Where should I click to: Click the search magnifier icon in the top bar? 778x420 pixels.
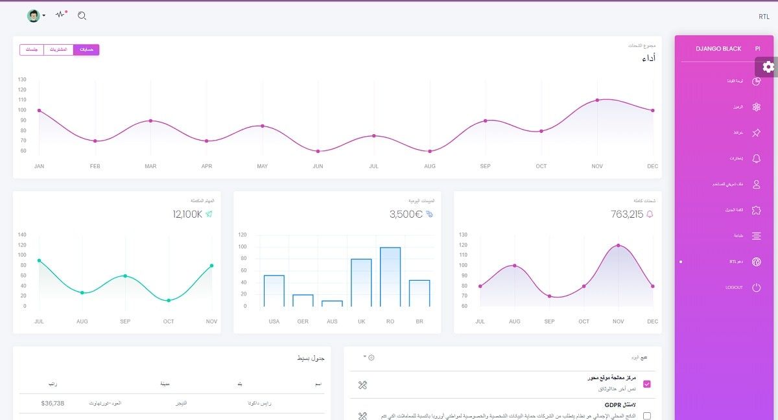(82, 16)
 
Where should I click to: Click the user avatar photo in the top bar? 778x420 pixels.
(33, 16)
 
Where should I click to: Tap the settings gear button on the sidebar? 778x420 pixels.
(768, 66)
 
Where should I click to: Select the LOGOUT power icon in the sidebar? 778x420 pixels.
(756, 287)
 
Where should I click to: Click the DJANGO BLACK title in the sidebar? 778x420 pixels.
(718, 49)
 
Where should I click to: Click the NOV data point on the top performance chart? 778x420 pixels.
(597, 100)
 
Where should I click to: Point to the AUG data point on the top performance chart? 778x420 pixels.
(430, 151)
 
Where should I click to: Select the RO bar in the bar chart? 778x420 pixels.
(390, 277)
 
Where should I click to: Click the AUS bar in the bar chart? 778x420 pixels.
(332, 303)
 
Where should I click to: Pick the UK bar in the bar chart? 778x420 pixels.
(361, 283)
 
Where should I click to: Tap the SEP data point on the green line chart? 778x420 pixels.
(125, 276)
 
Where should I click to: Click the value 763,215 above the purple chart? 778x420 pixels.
(627, 215)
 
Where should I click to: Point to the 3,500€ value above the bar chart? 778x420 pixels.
(406, 215)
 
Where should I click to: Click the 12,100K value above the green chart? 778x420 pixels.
(187, 215)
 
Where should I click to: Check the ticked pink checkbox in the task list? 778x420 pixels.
(646, 384)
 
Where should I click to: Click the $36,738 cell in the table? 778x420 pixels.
(53, 403)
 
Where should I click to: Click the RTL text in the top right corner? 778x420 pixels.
(764, 17)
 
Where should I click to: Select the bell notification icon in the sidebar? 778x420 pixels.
(756, 158)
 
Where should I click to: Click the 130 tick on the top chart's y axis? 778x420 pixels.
(22, 80)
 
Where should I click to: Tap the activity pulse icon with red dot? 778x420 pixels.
(61, 15)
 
